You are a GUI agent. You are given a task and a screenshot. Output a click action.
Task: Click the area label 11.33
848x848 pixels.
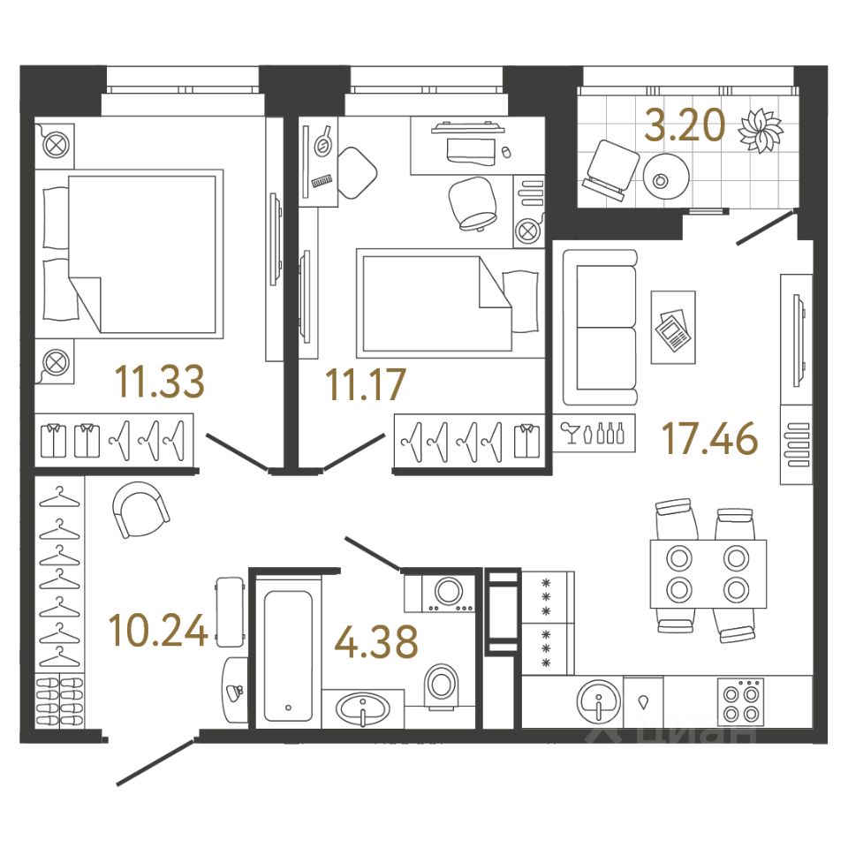pos(160,382)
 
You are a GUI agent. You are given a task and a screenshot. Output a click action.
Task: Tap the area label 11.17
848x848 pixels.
pos(365,384)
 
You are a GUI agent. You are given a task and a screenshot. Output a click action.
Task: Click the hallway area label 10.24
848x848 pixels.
pos(159,630)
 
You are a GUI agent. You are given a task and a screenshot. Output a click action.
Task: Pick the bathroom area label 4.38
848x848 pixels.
pos(375,642)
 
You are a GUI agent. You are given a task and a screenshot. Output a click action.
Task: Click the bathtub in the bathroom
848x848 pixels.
pos(289,651)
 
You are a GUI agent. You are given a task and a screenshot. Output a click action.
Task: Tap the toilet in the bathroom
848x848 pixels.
pos(442,687)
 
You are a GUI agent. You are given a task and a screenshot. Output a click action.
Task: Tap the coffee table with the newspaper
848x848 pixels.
pos(673,328)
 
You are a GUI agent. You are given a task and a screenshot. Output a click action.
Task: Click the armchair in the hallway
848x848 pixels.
pos(140,511)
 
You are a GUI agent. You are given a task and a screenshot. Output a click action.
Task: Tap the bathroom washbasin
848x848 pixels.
pos(363,708)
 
